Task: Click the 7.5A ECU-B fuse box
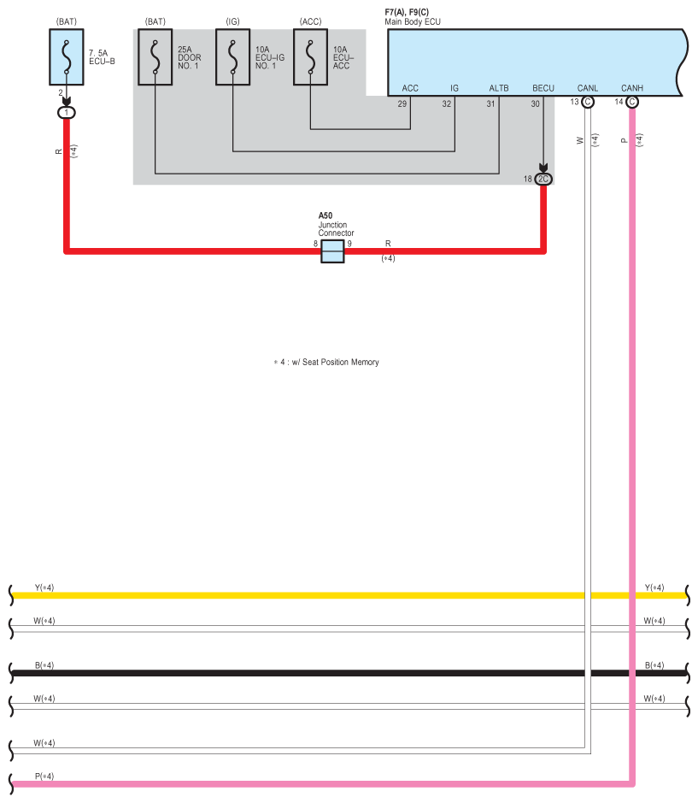[x=67, y=56]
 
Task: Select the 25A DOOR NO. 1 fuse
[x=155, y=56]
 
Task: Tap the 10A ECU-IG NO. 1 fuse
[x=233, y=56]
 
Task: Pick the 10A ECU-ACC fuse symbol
[x=311, y=56]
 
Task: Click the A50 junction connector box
[x=332, y=251]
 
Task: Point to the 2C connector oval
[x=543, y=179]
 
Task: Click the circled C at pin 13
[x=588, y=102]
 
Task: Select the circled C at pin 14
[x=632, y=102]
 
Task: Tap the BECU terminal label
[x=543, y=88]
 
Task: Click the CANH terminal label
[x=632, y=88]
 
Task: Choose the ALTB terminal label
[x=499, y=88]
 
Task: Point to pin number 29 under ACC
[x=402, y=104]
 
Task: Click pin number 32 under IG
[x=447, y=104]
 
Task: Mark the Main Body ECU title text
[x=413, y=21]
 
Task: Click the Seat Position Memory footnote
[x=326, y=362]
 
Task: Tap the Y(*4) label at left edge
[x=44, y=587]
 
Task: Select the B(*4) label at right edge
[x=654, y=665]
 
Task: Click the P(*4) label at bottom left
[x=44, y=776]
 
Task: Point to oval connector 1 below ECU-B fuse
[x=67, y=113]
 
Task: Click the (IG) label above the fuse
[x=233, y=21]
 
